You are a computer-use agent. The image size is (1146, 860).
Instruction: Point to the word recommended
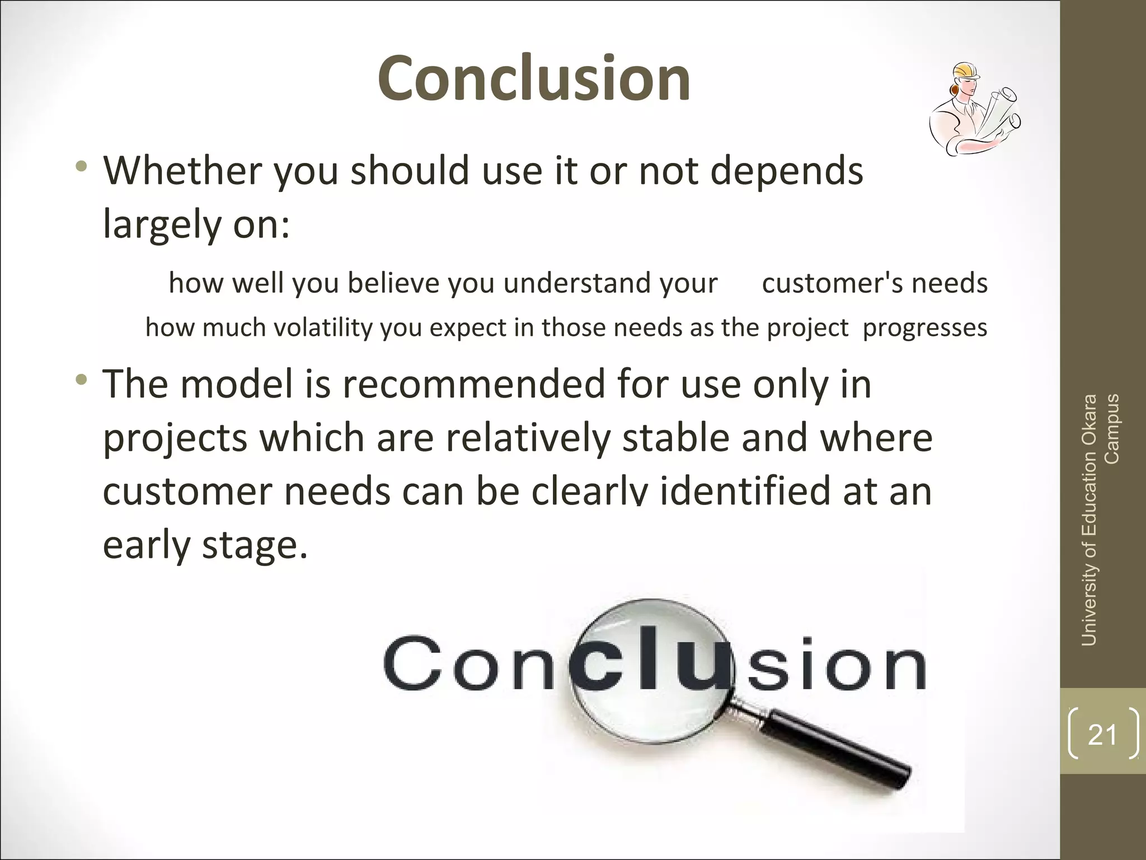click(x=473, y=385)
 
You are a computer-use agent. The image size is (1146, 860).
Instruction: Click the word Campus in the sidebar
click(x=1112, y=429)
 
